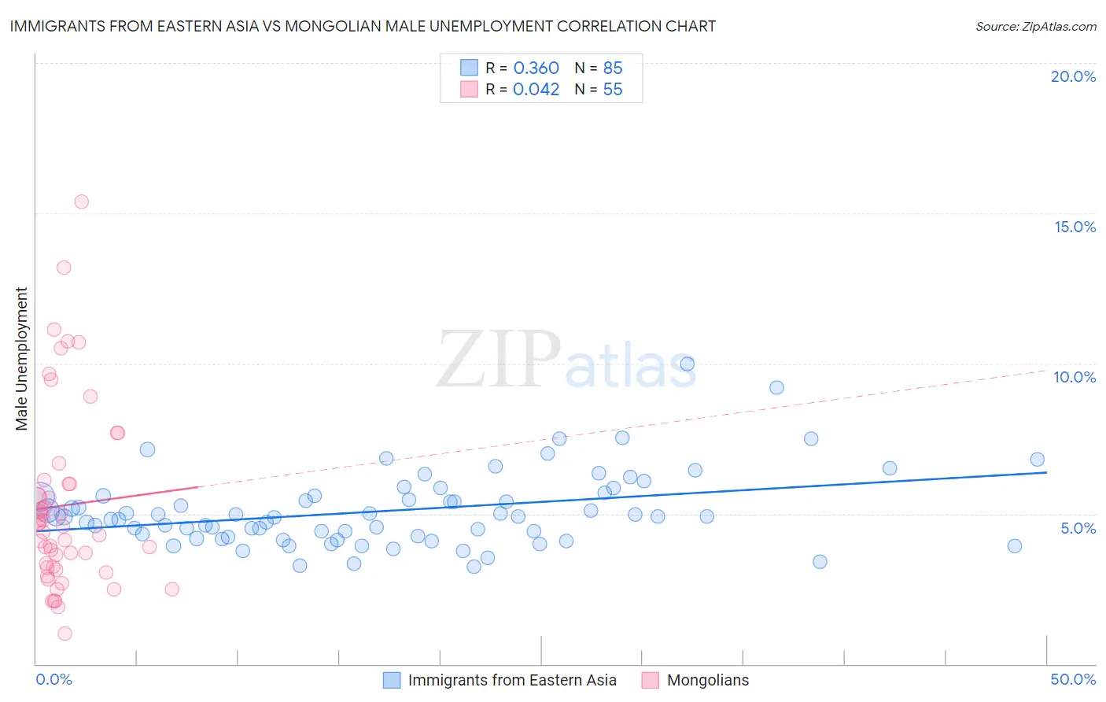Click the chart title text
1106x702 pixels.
click(x=363, y=26)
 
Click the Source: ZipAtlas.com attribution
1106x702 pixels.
click(x=1035, y=26)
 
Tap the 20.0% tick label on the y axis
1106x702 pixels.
click(x=1073, y=76)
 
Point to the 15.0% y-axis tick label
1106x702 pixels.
click(x=1075, y=227)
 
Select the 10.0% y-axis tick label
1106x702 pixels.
click(x=1075, y=377)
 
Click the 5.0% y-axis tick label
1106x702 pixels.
click(x=1078, y=528)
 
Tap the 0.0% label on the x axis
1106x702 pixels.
click(x=53, y=679)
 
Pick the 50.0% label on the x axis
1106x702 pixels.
click(x=1073, y=679)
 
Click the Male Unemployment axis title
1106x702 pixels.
click(x=21, y=359)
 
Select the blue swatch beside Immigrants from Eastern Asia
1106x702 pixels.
click(x=392, y=680)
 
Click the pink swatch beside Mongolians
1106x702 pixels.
click(x=650, y=680)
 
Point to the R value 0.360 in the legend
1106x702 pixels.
click(x=536, y=68)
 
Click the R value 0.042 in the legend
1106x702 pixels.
click(x=536, y=89)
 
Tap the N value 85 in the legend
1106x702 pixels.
click(x=613, y=68)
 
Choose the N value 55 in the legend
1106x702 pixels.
click(x=613, y=89)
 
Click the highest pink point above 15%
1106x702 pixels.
click(x=81, y=201)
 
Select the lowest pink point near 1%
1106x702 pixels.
click(x=65, y=634)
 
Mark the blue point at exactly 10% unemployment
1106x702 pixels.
click(x=688, y=364)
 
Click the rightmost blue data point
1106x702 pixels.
click(x=1038, y=460)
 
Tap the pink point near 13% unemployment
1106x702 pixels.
click(x=64, y=268)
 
